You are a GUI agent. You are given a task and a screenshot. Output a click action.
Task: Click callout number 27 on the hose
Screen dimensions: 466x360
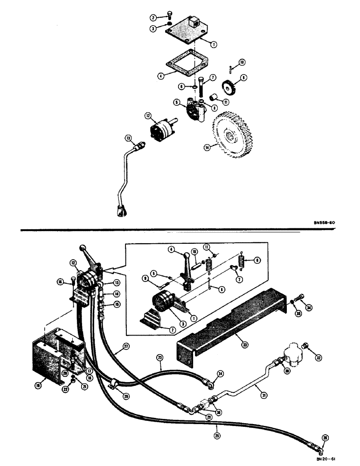pyautogui.click(x=125, y=347)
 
